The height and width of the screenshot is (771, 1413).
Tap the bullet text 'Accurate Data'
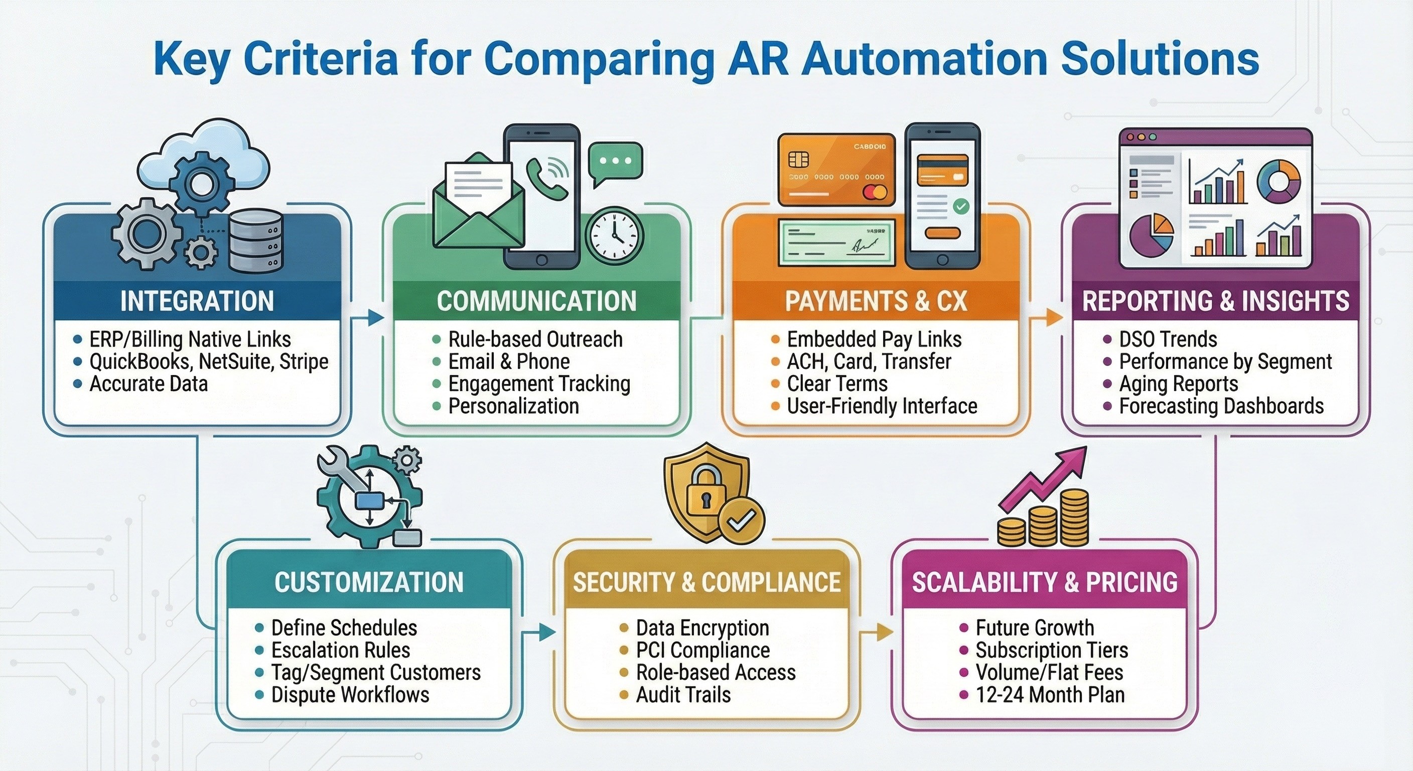[x=149, y=383]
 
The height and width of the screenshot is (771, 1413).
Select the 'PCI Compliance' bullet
[x=702, y=650]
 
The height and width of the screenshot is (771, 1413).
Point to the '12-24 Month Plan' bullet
[x=1050, y=695]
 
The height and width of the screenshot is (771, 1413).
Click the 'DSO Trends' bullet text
[x=1168, y=339]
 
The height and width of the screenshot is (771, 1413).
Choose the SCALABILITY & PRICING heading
[x=1044, y=582]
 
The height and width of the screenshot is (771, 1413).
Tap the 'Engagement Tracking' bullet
[x=539, y=383]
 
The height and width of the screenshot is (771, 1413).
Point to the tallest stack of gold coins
[x=1073, y=517]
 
